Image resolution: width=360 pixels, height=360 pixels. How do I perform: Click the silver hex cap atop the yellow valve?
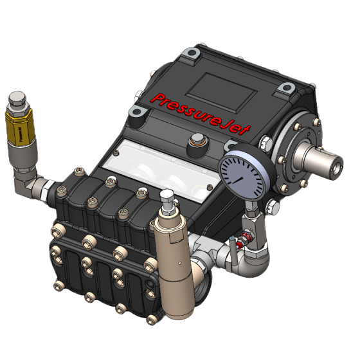[x=17, y=102]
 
